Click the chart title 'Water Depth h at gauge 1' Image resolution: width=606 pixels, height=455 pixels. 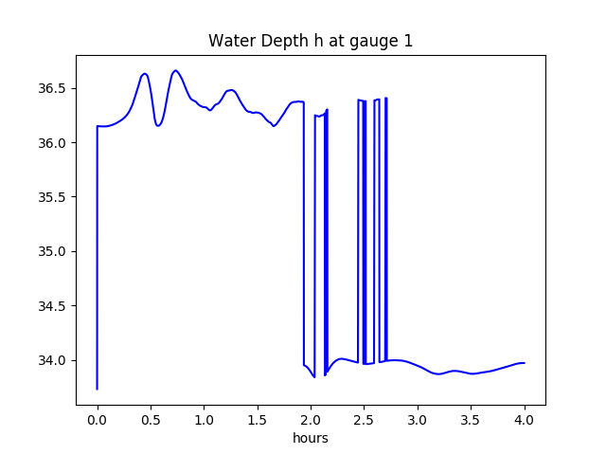pyautogui.click(x=311, y=41)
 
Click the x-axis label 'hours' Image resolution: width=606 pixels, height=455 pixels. pyautogui.click(x=311, y=439)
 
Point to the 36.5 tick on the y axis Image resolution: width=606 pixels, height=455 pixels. pyautogui.click(x=54, y=89)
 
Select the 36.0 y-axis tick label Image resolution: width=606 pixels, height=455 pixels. pyautogui.click(x=54, y=143)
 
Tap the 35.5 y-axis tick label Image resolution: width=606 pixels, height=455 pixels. pyautogui.click(x=54, y=197)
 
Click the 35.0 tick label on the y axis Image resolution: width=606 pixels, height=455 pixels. pyautogui.click(x=54, y=252)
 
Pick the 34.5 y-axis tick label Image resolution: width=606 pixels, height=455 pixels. pyautogui.click(x=54, y=306)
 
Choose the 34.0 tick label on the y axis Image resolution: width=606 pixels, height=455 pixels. pyautogui.click(x=54, y=360)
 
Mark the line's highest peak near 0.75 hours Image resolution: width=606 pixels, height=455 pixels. pyautogui.click(x=176, y=70)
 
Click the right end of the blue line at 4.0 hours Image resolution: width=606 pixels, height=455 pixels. pyautogui.click(x=524, y=363)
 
